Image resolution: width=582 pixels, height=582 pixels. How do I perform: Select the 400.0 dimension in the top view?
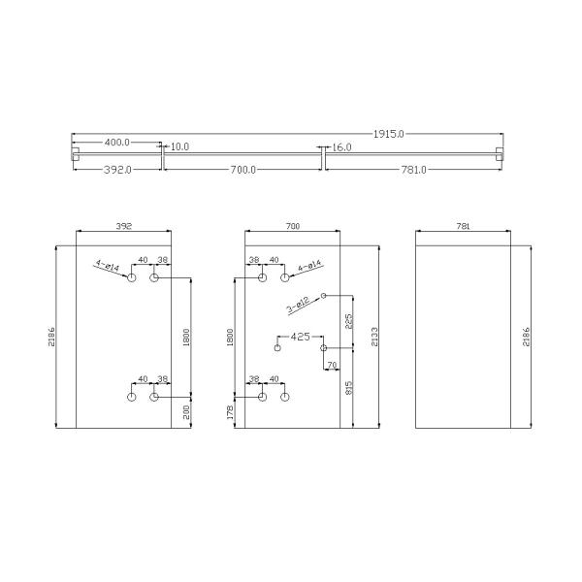(117, 142)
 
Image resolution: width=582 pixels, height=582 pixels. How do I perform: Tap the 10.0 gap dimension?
(179, 147)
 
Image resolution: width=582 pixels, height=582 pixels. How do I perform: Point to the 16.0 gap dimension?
(341, 147)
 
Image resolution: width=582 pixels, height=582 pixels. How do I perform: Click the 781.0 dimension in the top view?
(413, 170)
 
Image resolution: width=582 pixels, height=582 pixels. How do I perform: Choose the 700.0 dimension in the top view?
(242, 170)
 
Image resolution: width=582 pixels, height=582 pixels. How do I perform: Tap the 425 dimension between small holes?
(300, 337)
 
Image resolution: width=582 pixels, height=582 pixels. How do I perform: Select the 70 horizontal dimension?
(333, 365)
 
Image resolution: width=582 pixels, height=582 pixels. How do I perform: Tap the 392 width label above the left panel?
(123, 225)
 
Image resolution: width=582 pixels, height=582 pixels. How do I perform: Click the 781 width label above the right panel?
(462, 225)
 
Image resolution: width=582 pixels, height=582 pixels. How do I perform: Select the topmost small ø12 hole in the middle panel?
(323, 295)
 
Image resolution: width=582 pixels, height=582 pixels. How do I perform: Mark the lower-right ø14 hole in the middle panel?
(284, 397)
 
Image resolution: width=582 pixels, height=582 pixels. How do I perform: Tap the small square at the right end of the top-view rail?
(500, 153)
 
